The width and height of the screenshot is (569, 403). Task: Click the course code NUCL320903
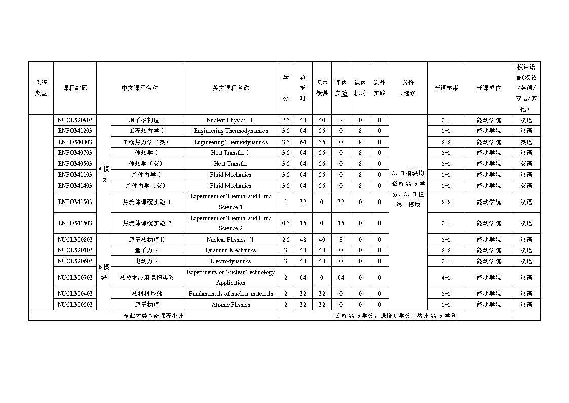74,120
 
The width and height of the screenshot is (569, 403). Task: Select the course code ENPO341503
74,202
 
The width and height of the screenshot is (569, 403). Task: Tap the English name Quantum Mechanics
231,250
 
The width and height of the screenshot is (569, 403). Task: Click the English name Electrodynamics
231,261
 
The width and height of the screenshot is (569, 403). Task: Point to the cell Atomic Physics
231,305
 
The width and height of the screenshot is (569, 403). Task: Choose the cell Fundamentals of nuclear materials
231,294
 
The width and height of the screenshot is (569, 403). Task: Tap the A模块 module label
103,174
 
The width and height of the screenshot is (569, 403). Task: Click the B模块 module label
103,272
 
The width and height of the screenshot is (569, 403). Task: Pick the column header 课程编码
74,88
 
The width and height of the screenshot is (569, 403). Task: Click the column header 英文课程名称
231,88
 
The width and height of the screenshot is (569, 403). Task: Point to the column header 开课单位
488,88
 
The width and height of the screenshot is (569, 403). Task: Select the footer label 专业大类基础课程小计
153,316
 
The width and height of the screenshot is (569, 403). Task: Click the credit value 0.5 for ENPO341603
286,223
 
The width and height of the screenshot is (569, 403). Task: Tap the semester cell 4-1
446,278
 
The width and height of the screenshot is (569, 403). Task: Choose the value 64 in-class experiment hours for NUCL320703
340,278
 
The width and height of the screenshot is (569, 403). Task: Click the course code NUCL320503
74,305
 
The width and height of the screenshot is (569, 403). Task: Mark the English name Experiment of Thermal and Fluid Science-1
231,202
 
